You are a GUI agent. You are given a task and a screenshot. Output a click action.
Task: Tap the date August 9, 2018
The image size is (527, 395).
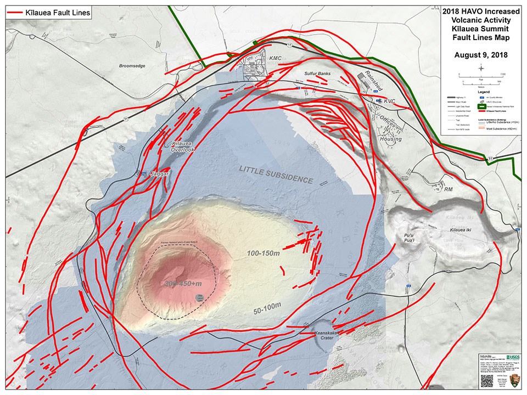pos(480,55)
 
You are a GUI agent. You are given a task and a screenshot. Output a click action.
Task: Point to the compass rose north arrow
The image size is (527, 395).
pos(481,67)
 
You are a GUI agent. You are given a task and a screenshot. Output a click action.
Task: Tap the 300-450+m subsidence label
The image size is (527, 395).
pos(183,283)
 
